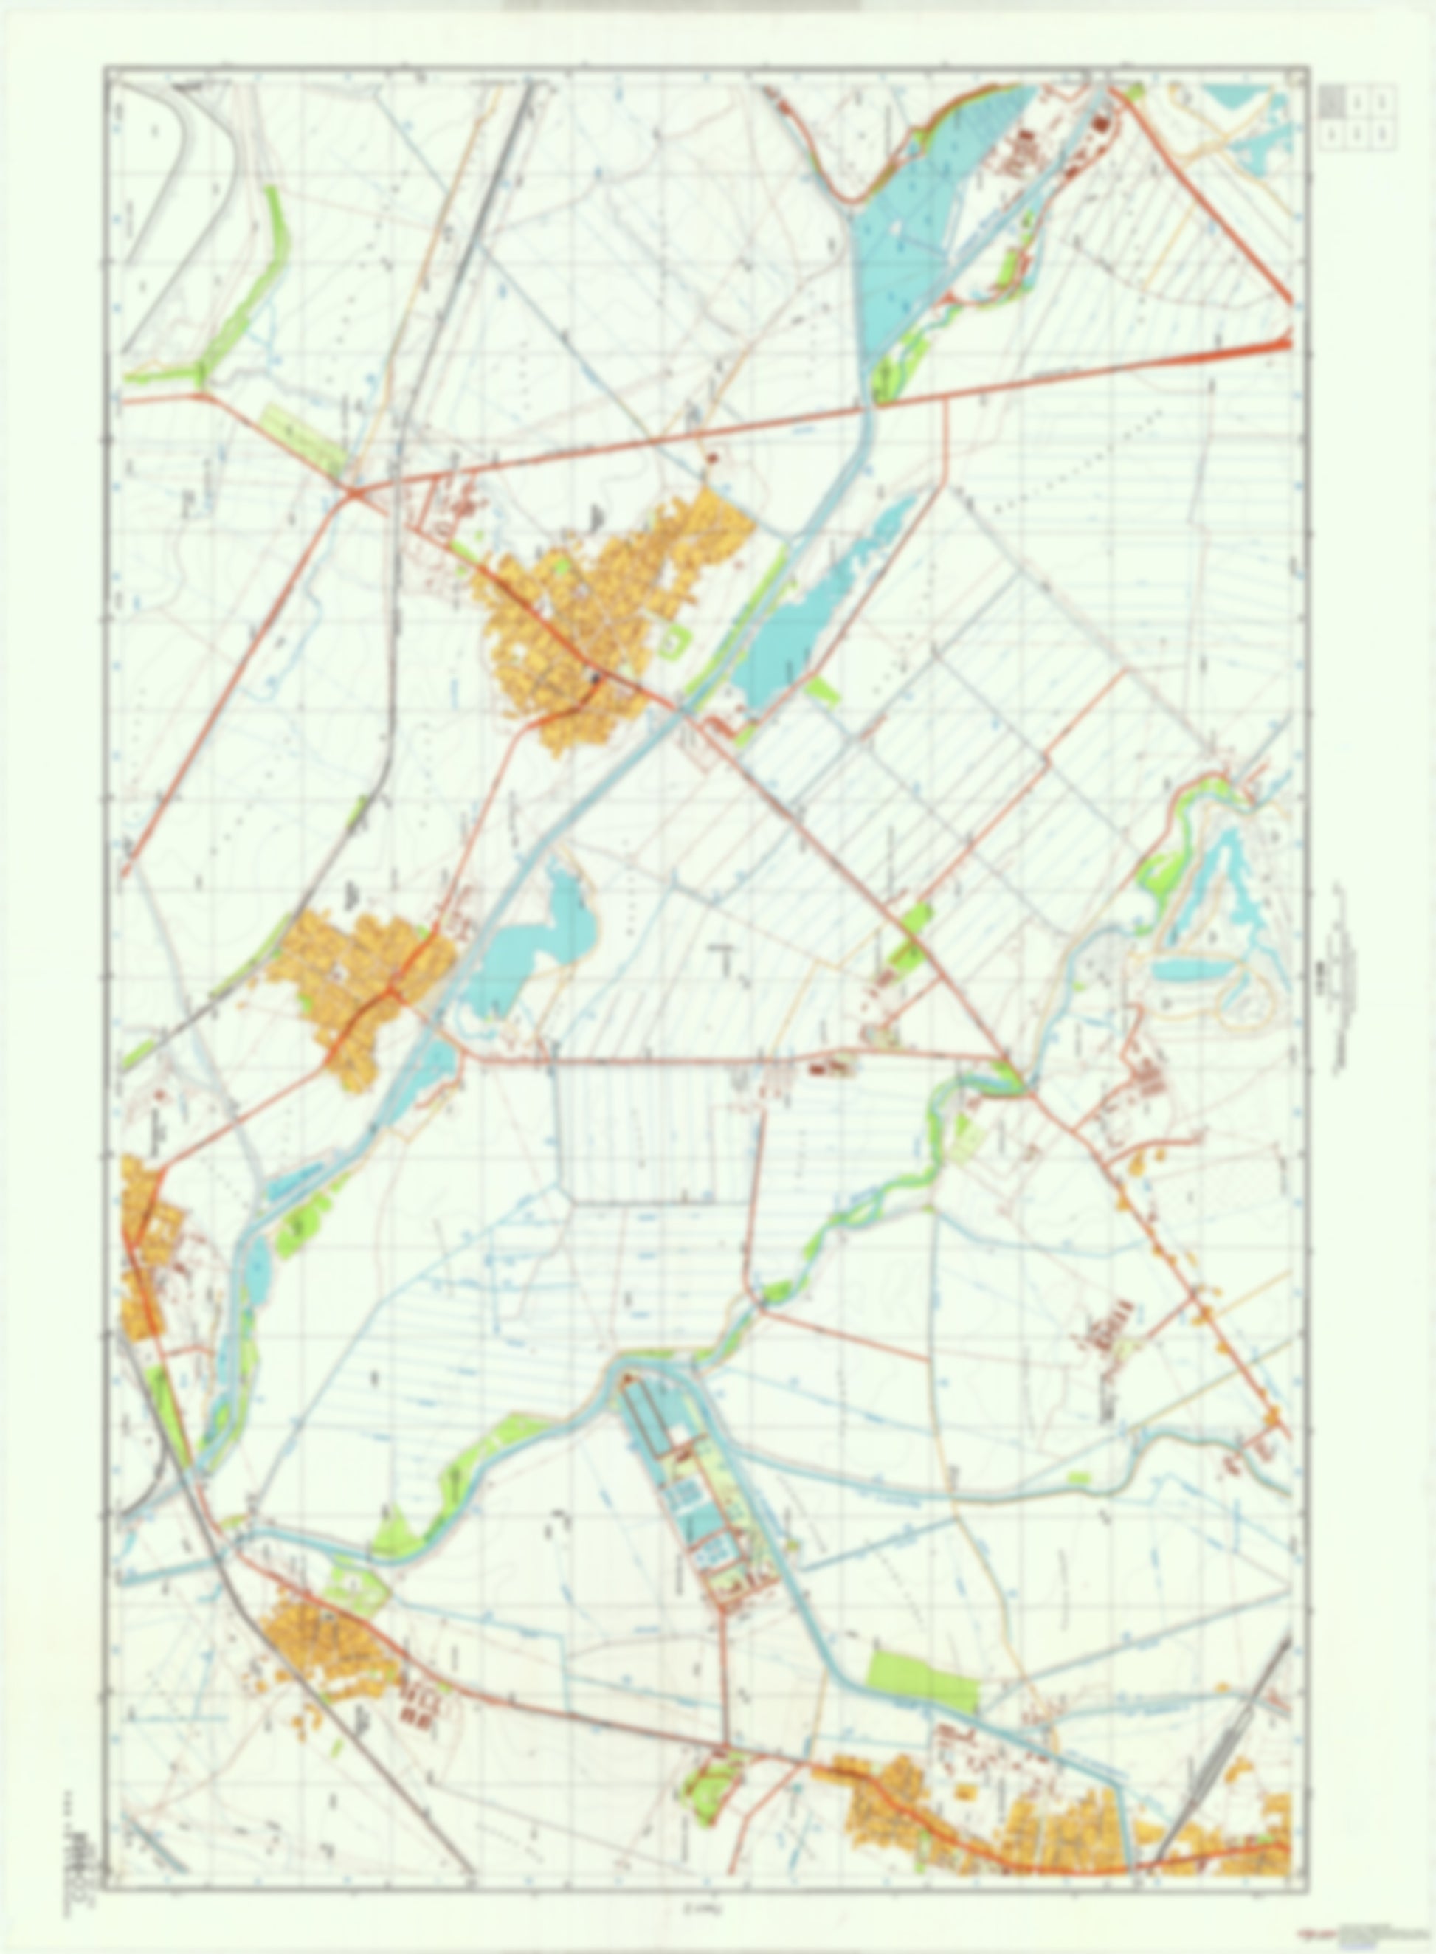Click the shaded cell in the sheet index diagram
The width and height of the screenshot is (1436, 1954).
[x=1330, y=103]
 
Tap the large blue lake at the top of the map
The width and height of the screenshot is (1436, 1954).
[x=904, y=244]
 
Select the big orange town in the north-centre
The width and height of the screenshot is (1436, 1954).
[x=600, y=609]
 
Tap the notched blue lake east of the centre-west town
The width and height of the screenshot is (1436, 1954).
[x=531, y=939]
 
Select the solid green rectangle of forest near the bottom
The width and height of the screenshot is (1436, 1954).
[x=923, y=1669]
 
